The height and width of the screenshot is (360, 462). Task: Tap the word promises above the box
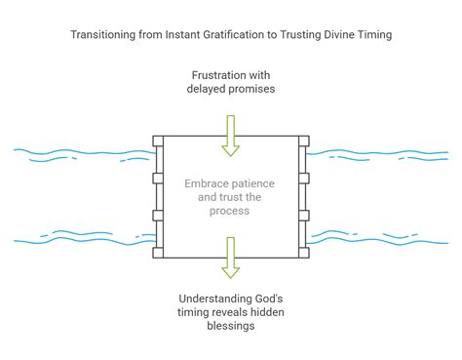click(251, 91)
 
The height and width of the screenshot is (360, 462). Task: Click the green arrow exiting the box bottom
click(230, 260)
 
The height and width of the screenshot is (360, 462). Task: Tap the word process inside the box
click(230, 210)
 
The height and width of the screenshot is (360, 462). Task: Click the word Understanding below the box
click(213, 297)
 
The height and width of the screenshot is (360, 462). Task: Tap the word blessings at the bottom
click(230, 327)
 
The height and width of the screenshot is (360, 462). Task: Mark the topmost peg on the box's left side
click(157, 145)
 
